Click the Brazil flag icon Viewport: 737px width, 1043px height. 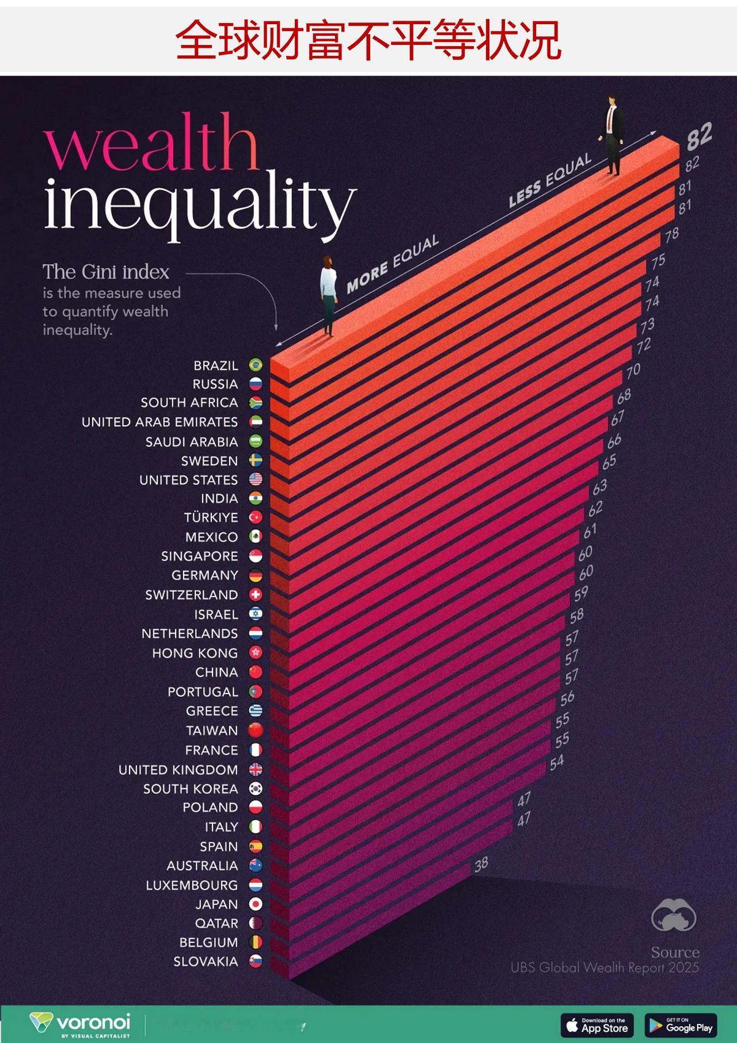point(256,365)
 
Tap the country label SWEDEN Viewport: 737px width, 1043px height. point(209,461)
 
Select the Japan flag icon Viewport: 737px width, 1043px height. point(256,904)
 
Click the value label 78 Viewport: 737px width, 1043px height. point(671,234)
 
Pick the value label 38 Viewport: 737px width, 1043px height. point(481,863)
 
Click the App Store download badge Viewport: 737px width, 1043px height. point(597,1025)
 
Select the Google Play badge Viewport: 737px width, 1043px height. point(681,1025)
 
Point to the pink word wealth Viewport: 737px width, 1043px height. point(151,143)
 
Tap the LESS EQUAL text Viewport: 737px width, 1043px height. point(550,180)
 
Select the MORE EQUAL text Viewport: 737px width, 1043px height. point(393,264)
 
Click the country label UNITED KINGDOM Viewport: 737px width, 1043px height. point(178,770)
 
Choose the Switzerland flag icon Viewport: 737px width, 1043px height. point(256,595)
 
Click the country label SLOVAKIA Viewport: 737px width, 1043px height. point(206,961)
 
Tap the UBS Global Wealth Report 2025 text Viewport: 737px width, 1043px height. point(605,967)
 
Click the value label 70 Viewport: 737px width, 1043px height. point(633,371)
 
